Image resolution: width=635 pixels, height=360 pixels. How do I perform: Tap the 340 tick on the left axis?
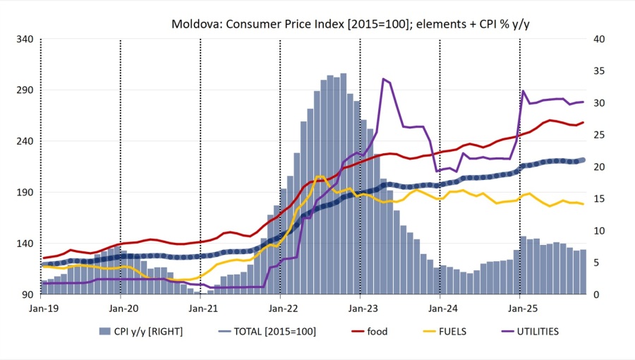[x=25, y=39]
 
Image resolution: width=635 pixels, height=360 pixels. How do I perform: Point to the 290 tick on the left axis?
[x=25, y=90]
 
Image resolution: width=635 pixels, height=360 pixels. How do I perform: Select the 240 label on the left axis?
[x=25, y=141]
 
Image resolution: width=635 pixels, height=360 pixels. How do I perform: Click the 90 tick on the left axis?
[x=28, y=294]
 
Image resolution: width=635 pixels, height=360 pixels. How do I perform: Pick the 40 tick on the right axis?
[x=598, y=39]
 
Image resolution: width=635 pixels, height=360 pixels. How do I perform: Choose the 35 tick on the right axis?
[x=598, y=71]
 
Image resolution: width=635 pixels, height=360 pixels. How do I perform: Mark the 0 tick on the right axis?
[x=596, y=294]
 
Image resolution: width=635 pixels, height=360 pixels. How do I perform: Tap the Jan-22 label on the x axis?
[x=280, y=308]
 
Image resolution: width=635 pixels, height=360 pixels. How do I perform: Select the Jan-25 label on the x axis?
[x=520, y=308]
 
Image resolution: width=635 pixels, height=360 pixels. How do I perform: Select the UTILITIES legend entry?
[x=534, y=331]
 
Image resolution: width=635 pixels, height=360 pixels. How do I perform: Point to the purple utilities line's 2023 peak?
[x=382, y=79]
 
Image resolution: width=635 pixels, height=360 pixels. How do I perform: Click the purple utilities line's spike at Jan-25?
[x=524, y=91]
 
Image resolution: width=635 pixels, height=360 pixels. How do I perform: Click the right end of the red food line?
[x=583, y=123]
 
